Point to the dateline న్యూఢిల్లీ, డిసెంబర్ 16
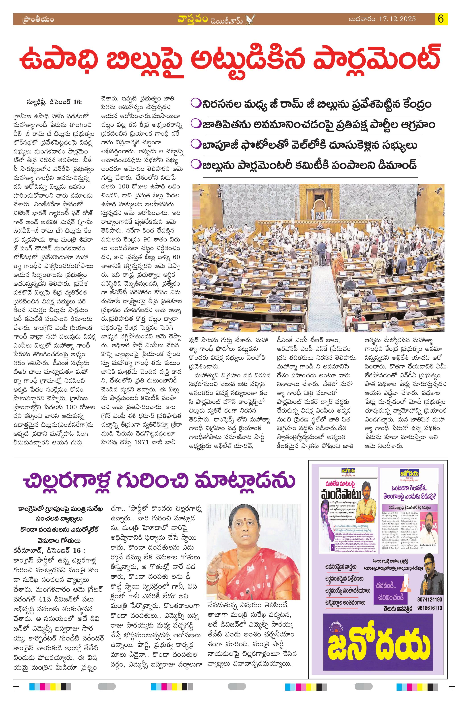(54, 102)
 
